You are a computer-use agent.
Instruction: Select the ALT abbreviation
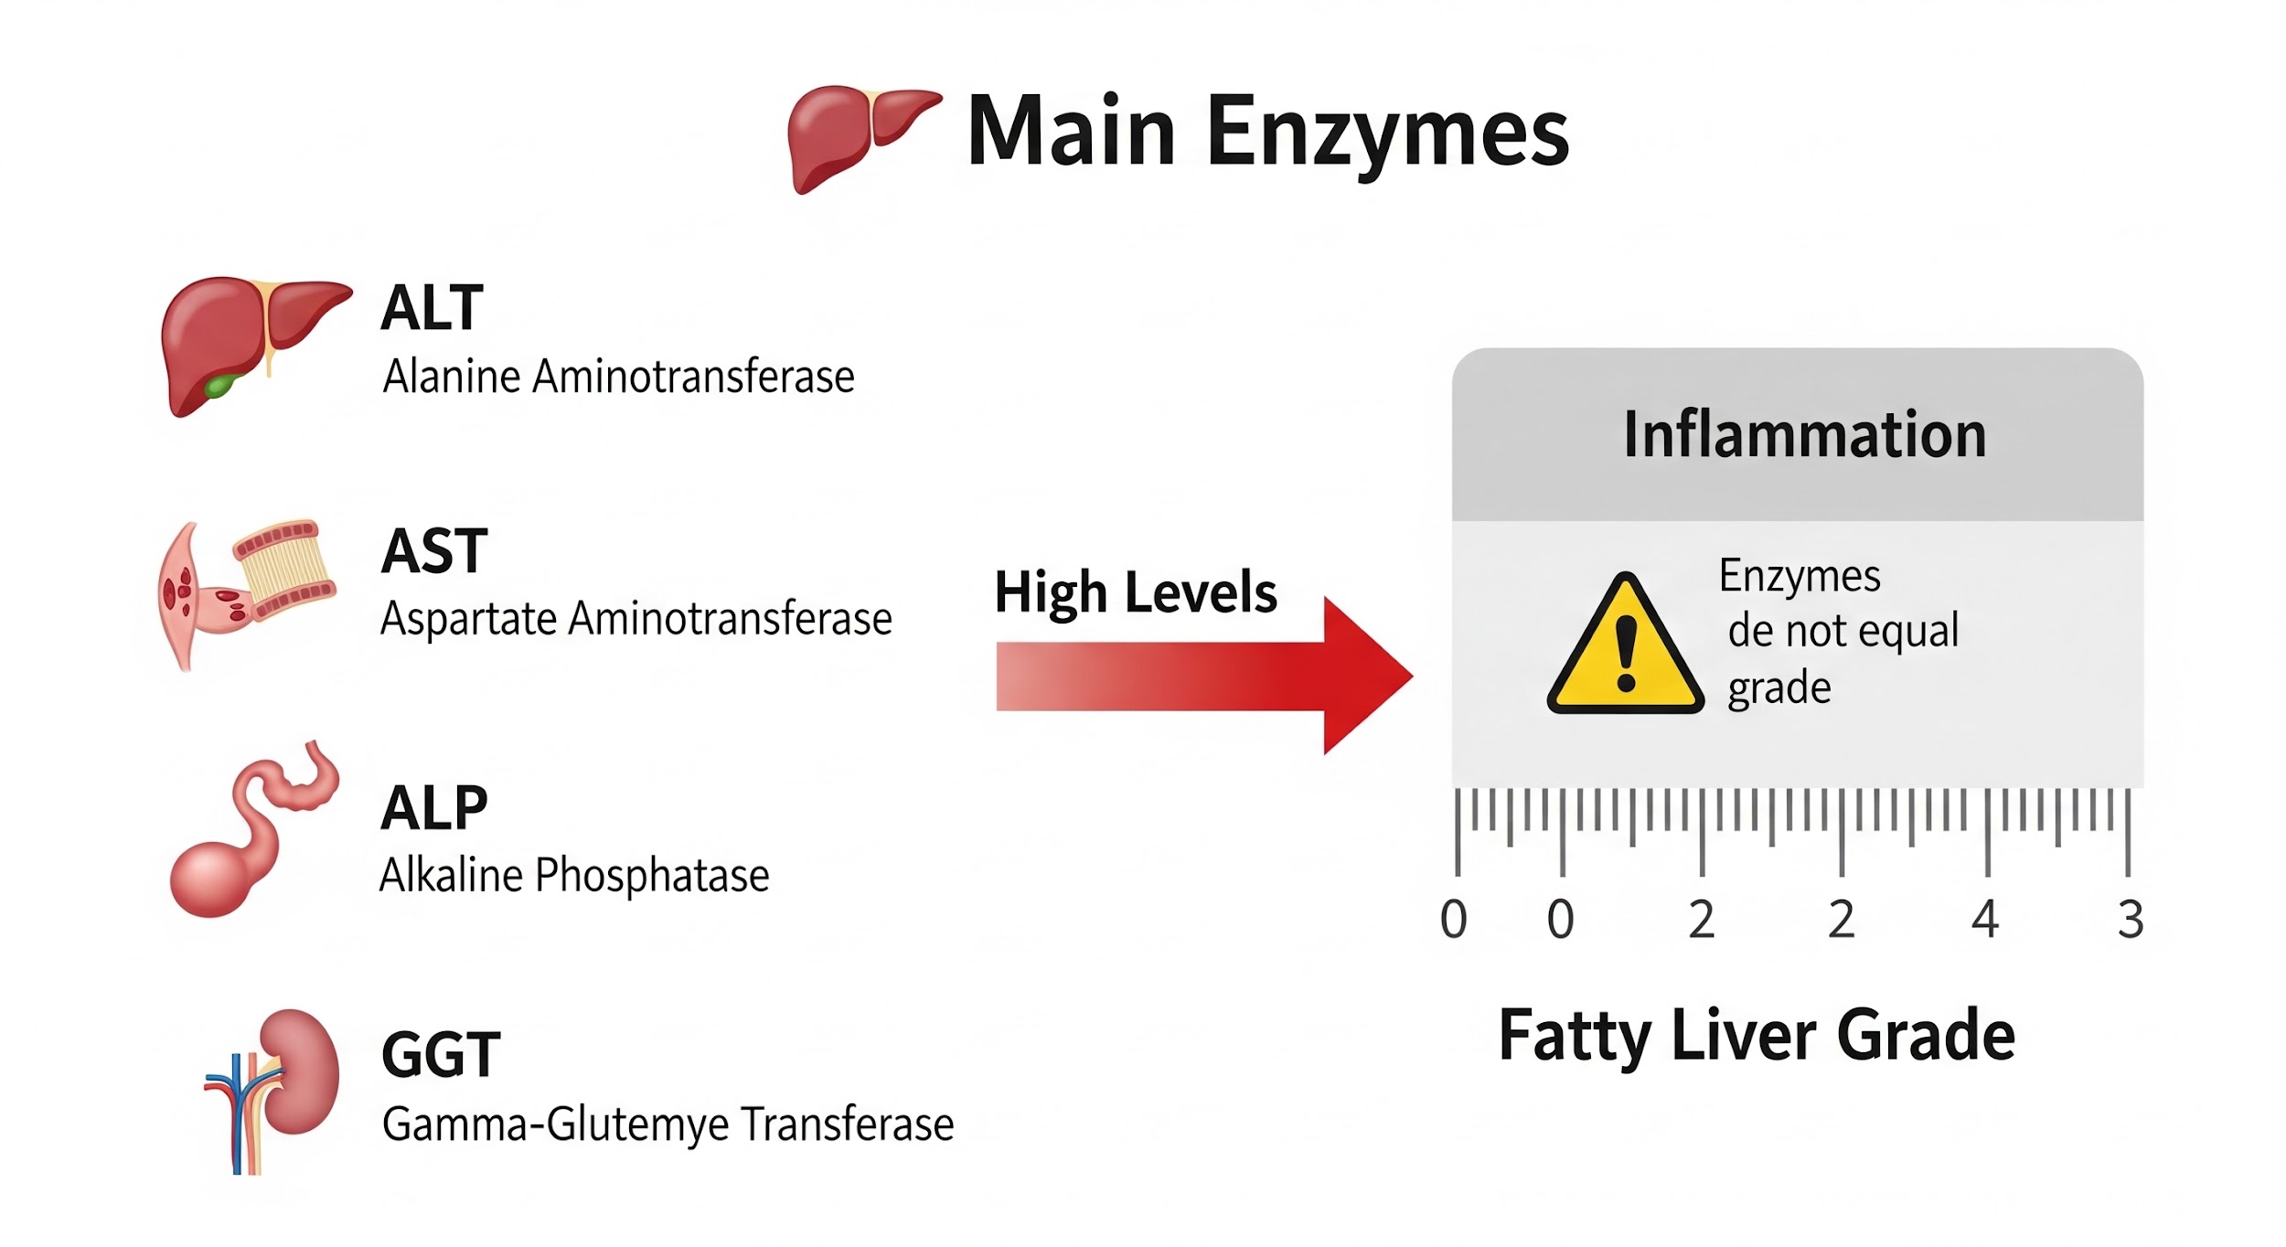[x=432, y=308]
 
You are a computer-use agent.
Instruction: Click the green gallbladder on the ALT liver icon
[x=219, y=385]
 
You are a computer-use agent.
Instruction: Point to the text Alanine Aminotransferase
[x=618, y=377]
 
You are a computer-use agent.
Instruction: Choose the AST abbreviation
[x=434, y=551]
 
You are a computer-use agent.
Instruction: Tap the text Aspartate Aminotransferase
[x=636, y=619]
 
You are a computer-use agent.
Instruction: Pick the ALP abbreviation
[x=434, y=808]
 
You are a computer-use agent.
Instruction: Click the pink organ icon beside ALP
[x=247, y=832]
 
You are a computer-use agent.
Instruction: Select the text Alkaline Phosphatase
[x=574, y=875]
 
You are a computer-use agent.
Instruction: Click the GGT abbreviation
[x=441, y=1054]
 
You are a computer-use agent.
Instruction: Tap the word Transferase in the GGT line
[x=848, y=1124]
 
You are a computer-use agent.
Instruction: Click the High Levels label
[x=1135, y=592]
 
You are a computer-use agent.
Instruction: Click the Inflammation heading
[x=1804, y=434]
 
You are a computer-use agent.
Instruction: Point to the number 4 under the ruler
[x=1985, y=920]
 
